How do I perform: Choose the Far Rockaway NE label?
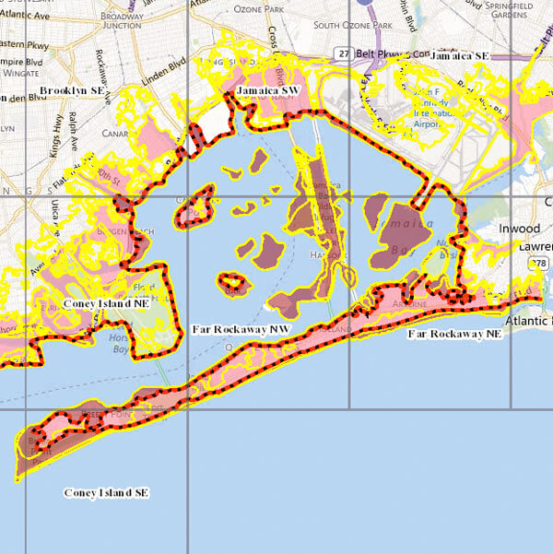(454, 333)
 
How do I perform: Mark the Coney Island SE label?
(106, 493)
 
